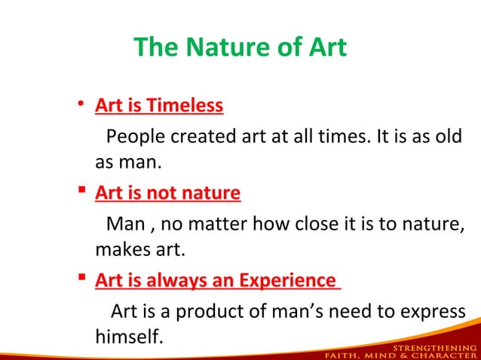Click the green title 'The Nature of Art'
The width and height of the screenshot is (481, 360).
[240, 47]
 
